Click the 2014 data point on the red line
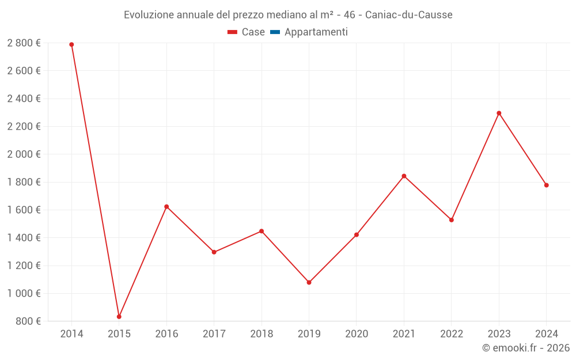[x=71, y=44]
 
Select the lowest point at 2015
[x=119, y=317]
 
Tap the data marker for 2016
[x=166, y=207]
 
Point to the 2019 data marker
[x=309, y=282]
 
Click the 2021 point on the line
[x=404, y=176]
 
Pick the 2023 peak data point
[x=499, y=113]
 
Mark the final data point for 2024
[x=546, y=185]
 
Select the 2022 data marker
[x=452, y=220]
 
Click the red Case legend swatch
[x=232, y=32]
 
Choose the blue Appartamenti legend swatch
[x=275, y=32]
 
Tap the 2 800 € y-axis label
[x=24, y=43]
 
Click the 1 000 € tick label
[x=24, y=293]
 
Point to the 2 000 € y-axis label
[x=24, y=154]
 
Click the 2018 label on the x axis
[x=262, y=334]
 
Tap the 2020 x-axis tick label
[x=357, y=334]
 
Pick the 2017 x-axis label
[x=214, y=334]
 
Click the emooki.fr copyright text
[x=526, y=347]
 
